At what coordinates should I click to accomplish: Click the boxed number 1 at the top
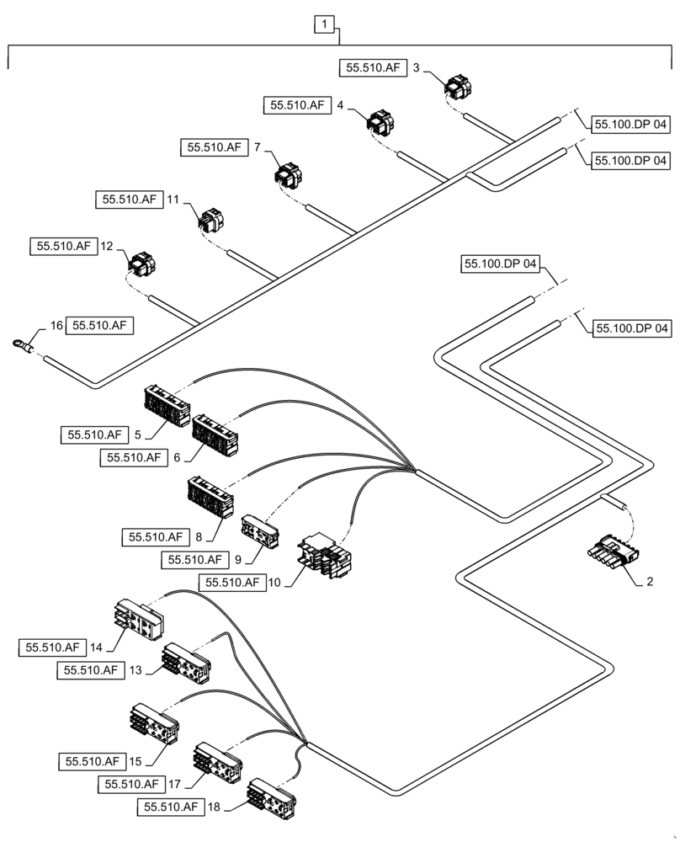pos(323,25)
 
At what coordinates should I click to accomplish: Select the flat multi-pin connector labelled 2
pos(613,557)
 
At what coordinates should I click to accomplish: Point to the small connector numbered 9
pos(258,530)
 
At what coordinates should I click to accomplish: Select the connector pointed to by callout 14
pos(140,621)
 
